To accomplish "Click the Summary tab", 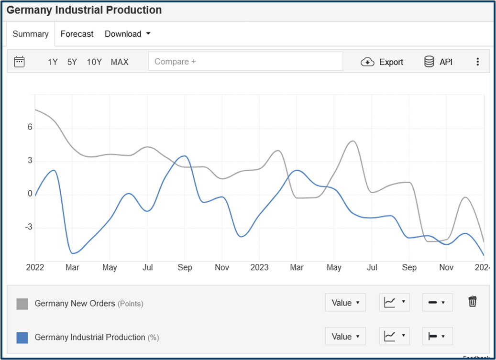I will (x=31, y=34).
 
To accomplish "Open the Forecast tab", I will (x=77, y=34).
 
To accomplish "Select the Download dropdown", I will (x=127, y=34).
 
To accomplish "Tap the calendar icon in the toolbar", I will (x=20, y=62).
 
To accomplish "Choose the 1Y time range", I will (x=53, y=62).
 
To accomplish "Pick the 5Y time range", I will (x=72, y=62).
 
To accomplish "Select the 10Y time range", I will (x=94, y=62).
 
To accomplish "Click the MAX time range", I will (x=120, y=62).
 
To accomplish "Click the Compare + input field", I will (x=245, y=61).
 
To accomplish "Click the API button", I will (x=439, y=62).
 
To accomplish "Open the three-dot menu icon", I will (x=477, y=62).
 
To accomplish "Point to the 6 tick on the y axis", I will (x=30, y=127).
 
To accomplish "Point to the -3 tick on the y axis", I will (x=28, y=227).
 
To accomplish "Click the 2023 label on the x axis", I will (x=259, y=267).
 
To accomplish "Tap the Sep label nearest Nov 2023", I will (x=409, y=267).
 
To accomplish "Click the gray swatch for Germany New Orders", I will (x=22, y=304).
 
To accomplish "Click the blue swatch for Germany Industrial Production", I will (x=22, y=338).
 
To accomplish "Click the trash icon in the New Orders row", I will (x=473, y=302).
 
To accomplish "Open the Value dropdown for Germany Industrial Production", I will (x=345, y=337).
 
